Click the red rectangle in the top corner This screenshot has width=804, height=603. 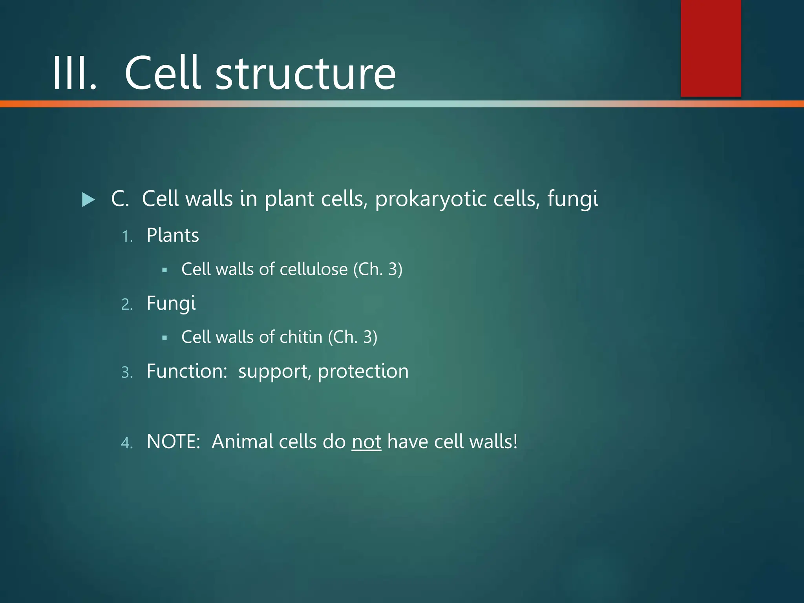(x=711, y=48)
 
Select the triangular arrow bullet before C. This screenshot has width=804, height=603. (x=88, y=200)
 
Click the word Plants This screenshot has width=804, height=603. (x=172, y=236)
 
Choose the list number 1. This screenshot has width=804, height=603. (x=127, y=237)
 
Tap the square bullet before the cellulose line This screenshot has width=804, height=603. (x=164, y=270)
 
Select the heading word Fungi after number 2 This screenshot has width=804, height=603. (x=171, y=304)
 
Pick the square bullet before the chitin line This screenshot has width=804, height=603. (x=164, y=338)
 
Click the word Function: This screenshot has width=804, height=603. (x=187, y=371)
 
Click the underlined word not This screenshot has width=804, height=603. (x=366, y=442)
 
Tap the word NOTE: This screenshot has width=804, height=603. (x=174, y=442)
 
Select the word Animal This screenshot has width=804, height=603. (x=242, y=442)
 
